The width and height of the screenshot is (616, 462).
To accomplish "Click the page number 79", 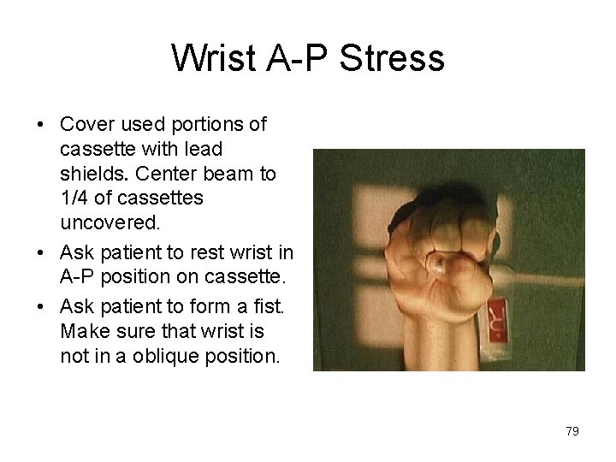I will [x=572, y=431].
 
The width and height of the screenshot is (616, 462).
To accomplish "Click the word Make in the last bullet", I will [x=82, y=330].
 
